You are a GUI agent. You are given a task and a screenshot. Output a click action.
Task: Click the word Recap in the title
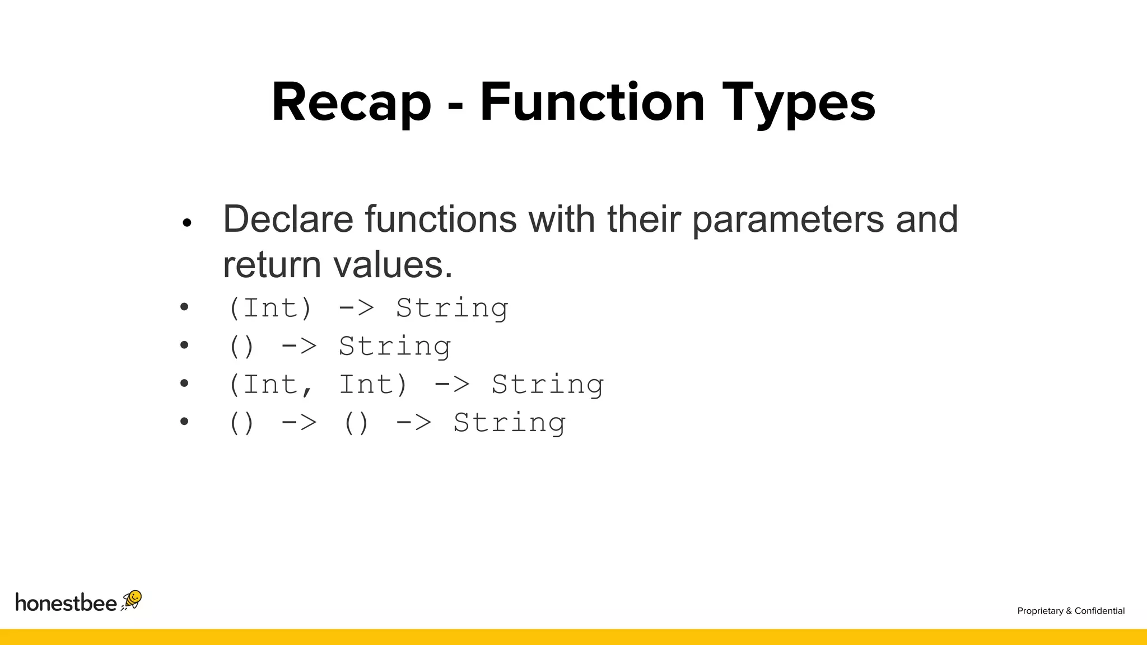351,103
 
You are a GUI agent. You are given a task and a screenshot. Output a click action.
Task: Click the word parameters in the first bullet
787,220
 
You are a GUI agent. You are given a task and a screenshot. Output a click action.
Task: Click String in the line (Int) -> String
452,308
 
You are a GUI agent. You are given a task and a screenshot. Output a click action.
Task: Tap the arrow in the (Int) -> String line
356,308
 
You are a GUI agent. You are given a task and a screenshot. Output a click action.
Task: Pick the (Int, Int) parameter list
318,385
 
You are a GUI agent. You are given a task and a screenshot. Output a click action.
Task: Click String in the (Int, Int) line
547,385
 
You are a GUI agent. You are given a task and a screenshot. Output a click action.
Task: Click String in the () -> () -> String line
509,423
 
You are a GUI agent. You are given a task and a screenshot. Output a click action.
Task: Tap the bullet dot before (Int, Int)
184,384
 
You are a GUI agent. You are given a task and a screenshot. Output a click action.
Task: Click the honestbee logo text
66,602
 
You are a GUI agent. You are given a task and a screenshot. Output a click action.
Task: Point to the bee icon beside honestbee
132,600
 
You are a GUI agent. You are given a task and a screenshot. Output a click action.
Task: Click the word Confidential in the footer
1099,611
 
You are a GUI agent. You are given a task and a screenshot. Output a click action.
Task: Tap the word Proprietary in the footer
1040,611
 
